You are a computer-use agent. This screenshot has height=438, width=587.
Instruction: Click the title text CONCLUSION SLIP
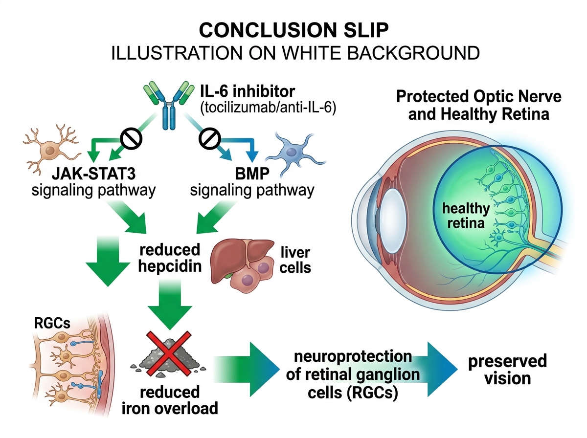coord(294,30)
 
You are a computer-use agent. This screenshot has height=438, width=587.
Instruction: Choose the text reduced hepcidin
coord(170,258)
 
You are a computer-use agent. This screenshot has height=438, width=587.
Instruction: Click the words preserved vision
coord(507,370)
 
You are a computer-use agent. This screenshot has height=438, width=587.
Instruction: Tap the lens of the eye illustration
coord(391,210)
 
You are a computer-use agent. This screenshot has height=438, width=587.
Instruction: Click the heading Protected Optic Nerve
coord(478,96)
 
